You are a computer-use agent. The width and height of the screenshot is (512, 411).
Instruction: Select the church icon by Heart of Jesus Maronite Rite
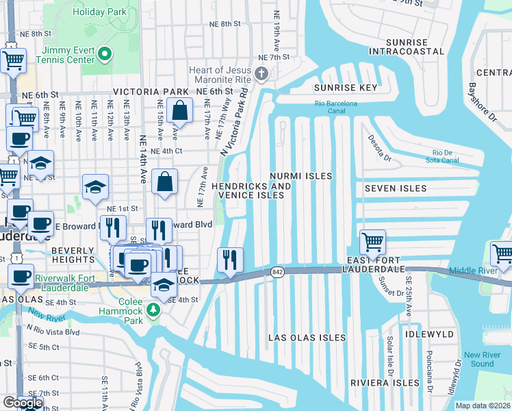coord(261,73)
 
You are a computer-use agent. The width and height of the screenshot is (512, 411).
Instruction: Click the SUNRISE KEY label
coord(346,88)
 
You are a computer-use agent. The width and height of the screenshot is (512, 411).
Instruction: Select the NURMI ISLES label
coord(300,176)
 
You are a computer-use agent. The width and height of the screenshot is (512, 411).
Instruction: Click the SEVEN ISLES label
coord(396,188)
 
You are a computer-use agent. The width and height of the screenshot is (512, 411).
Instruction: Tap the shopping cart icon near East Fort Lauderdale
coord(372,242)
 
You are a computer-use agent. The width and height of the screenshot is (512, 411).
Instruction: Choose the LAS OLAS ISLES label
coord(302,338)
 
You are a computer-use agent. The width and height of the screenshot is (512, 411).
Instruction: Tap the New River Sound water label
coord(478,359)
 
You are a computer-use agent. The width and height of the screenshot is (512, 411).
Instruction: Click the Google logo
coord(23,403)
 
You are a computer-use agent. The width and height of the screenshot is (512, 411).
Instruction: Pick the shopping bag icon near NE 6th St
coord(179,110)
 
